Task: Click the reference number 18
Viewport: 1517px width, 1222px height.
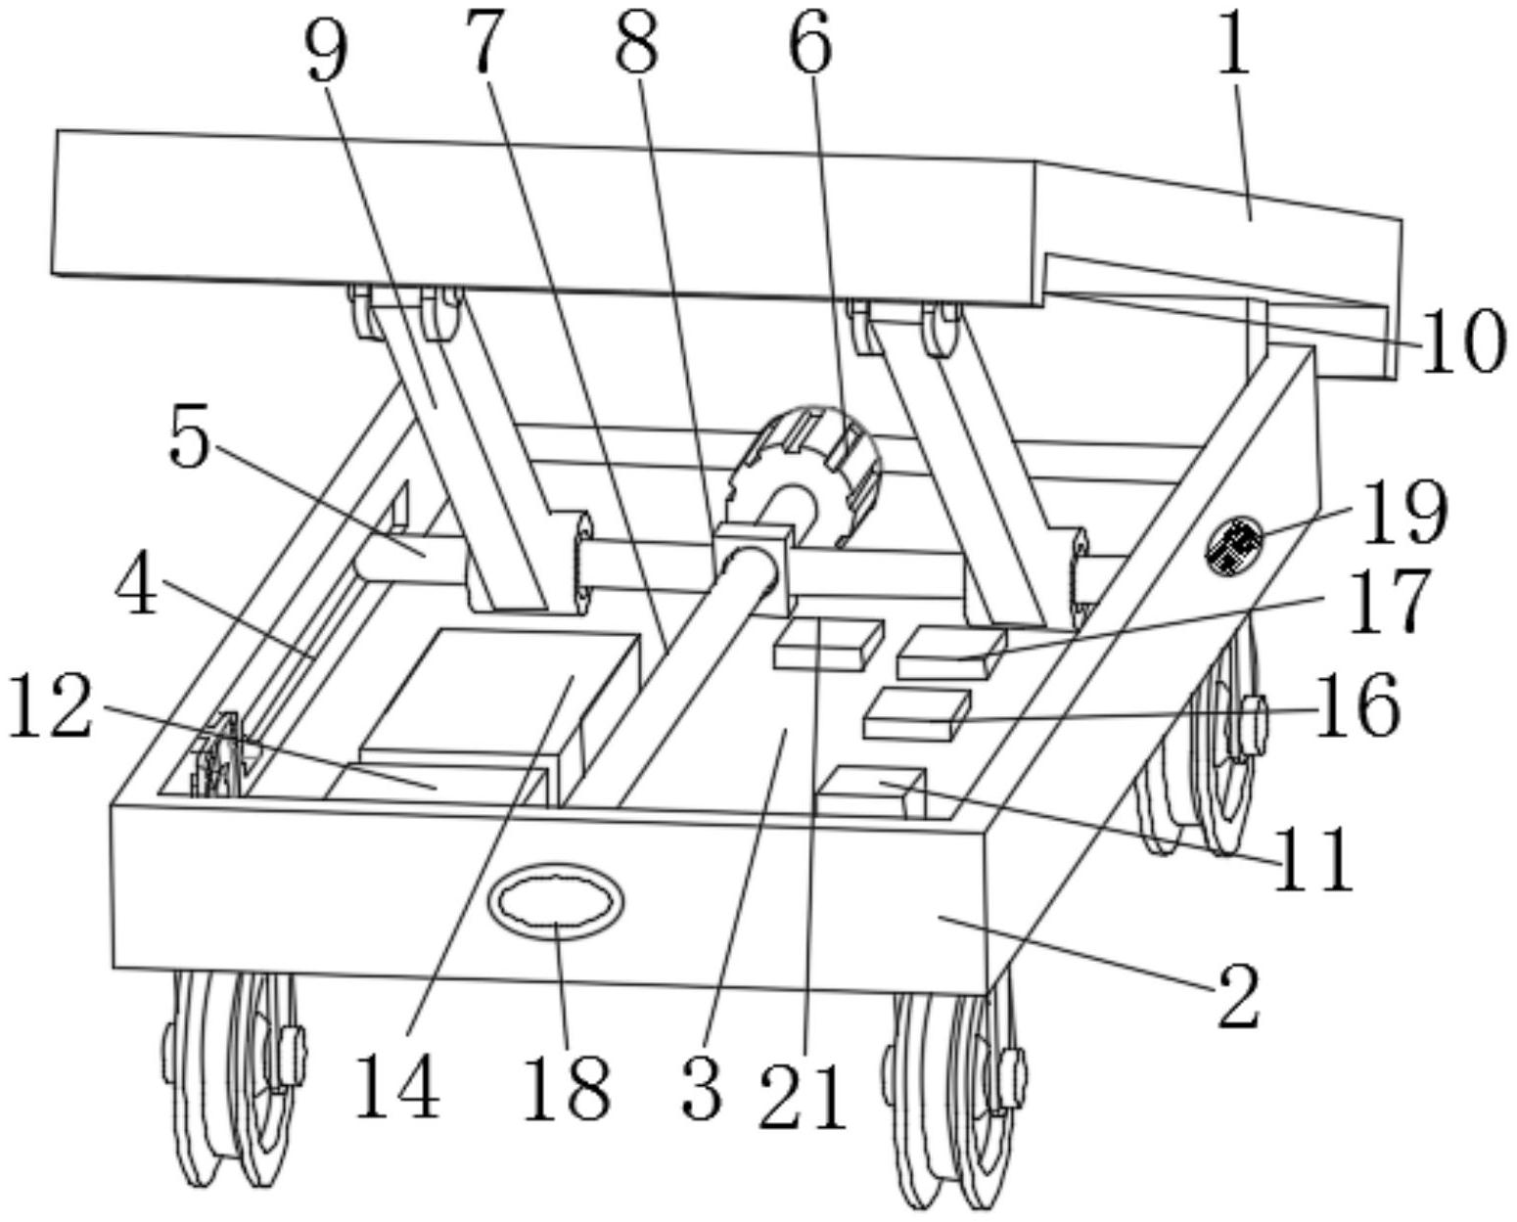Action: click(x=567, y=1087)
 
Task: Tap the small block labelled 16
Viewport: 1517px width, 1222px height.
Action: click(x=918, y=714)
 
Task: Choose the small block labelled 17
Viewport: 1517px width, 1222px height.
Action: click(x=951, y=655)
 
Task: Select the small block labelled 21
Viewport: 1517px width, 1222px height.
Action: click(x=829, y=644)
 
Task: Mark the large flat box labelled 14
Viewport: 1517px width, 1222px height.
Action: click(x=497, y=694)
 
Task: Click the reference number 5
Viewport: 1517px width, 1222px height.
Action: click(x=189, y=436)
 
